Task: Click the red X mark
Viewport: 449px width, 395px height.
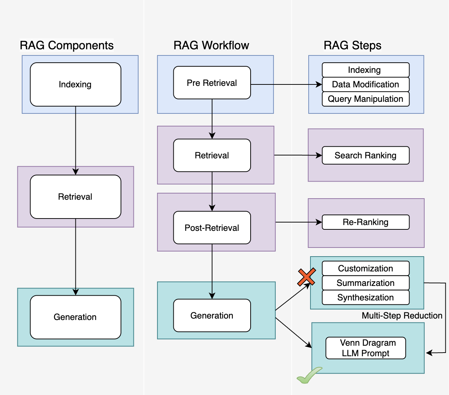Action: pyautogui.click(x=306, y=277)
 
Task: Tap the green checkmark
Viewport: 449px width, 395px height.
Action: pyautogui.click(x=308, y=376)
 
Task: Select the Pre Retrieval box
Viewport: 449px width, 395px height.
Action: pyautogui.click(x=212, y=83)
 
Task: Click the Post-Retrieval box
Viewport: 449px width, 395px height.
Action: pyautogui.click(x=212, y=228)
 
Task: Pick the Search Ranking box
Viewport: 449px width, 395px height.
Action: pyautogui.click(x=366, y=155)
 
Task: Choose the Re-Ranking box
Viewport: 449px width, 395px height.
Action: pyautogui.click(x=366, y=222)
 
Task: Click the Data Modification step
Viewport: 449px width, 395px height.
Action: pyautogui.click(x=366, y=84)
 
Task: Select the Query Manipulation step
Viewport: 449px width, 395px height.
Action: pyautogui.click(x=366, y=99)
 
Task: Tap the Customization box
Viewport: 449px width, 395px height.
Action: pyautogui.click(x=366, y=269)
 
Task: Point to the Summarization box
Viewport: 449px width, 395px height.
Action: pyautogui.click(x=366, y=283)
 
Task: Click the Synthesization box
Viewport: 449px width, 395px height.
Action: pyautogui.click(x=366, y=298)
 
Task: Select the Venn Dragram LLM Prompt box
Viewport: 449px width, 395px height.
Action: pyautogui.click(x=366, y=348)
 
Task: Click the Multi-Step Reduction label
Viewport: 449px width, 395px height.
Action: pyautogui.click(x=402, y=316)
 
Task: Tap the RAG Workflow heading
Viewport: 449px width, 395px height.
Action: pyautogui.click(x=211, y=45)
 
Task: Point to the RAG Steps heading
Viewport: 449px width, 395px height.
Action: pyautogui.click(x=353, y=45)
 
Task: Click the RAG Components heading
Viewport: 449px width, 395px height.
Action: pyautogui.click(x=67, y=45)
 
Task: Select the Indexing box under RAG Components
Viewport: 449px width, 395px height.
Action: pyautogui.click(x=75, y=84)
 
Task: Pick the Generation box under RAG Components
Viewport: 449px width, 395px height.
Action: pyautogui.click(x=75, y=317)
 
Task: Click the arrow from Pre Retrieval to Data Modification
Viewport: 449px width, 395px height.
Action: pyautogui.click(x=286, y=84)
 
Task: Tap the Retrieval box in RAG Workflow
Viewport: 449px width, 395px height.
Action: pyautogui.click(x=212, y=155)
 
